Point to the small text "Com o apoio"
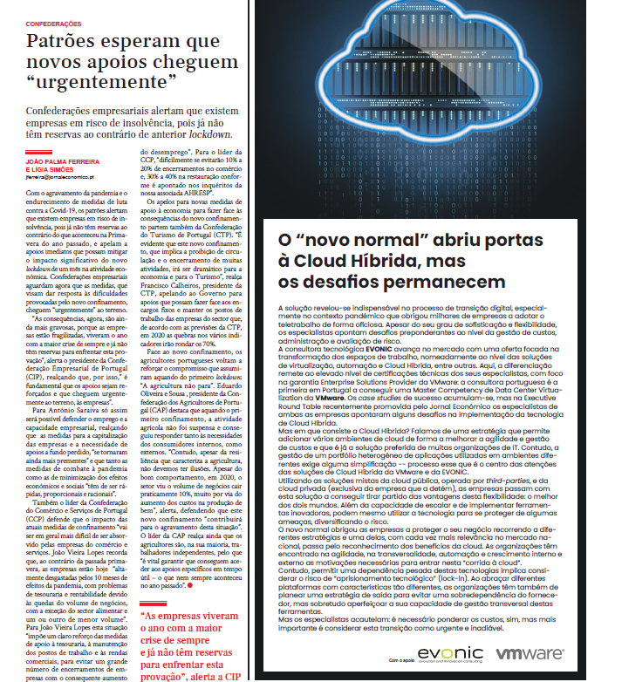pyautogui.click(x=402, y=660)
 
